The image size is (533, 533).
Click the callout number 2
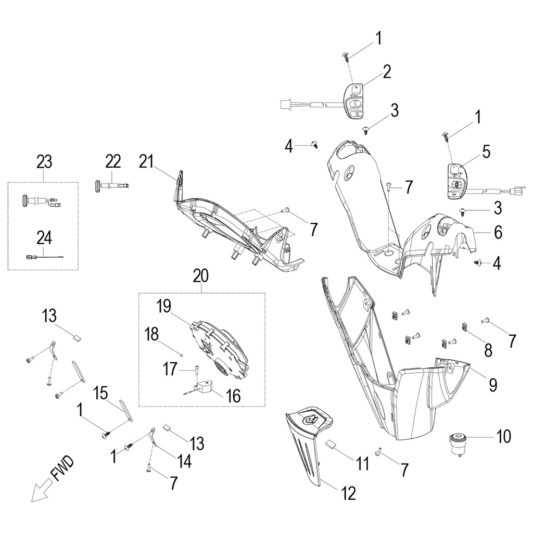(387, 72)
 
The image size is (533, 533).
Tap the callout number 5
(486, 151)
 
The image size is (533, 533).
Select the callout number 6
(498, 233)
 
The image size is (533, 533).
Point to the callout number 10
(503, 436)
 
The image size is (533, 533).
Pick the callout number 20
(200, 276)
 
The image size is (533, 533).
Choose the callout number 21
(146, 162)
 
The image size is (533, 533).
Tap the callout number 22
(112, 162)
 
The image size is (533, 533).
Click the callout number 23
(44, 162)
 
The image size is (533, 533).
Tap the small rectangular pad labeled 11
(332, 444)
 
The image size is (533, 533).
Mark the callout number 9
(492, 385)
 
